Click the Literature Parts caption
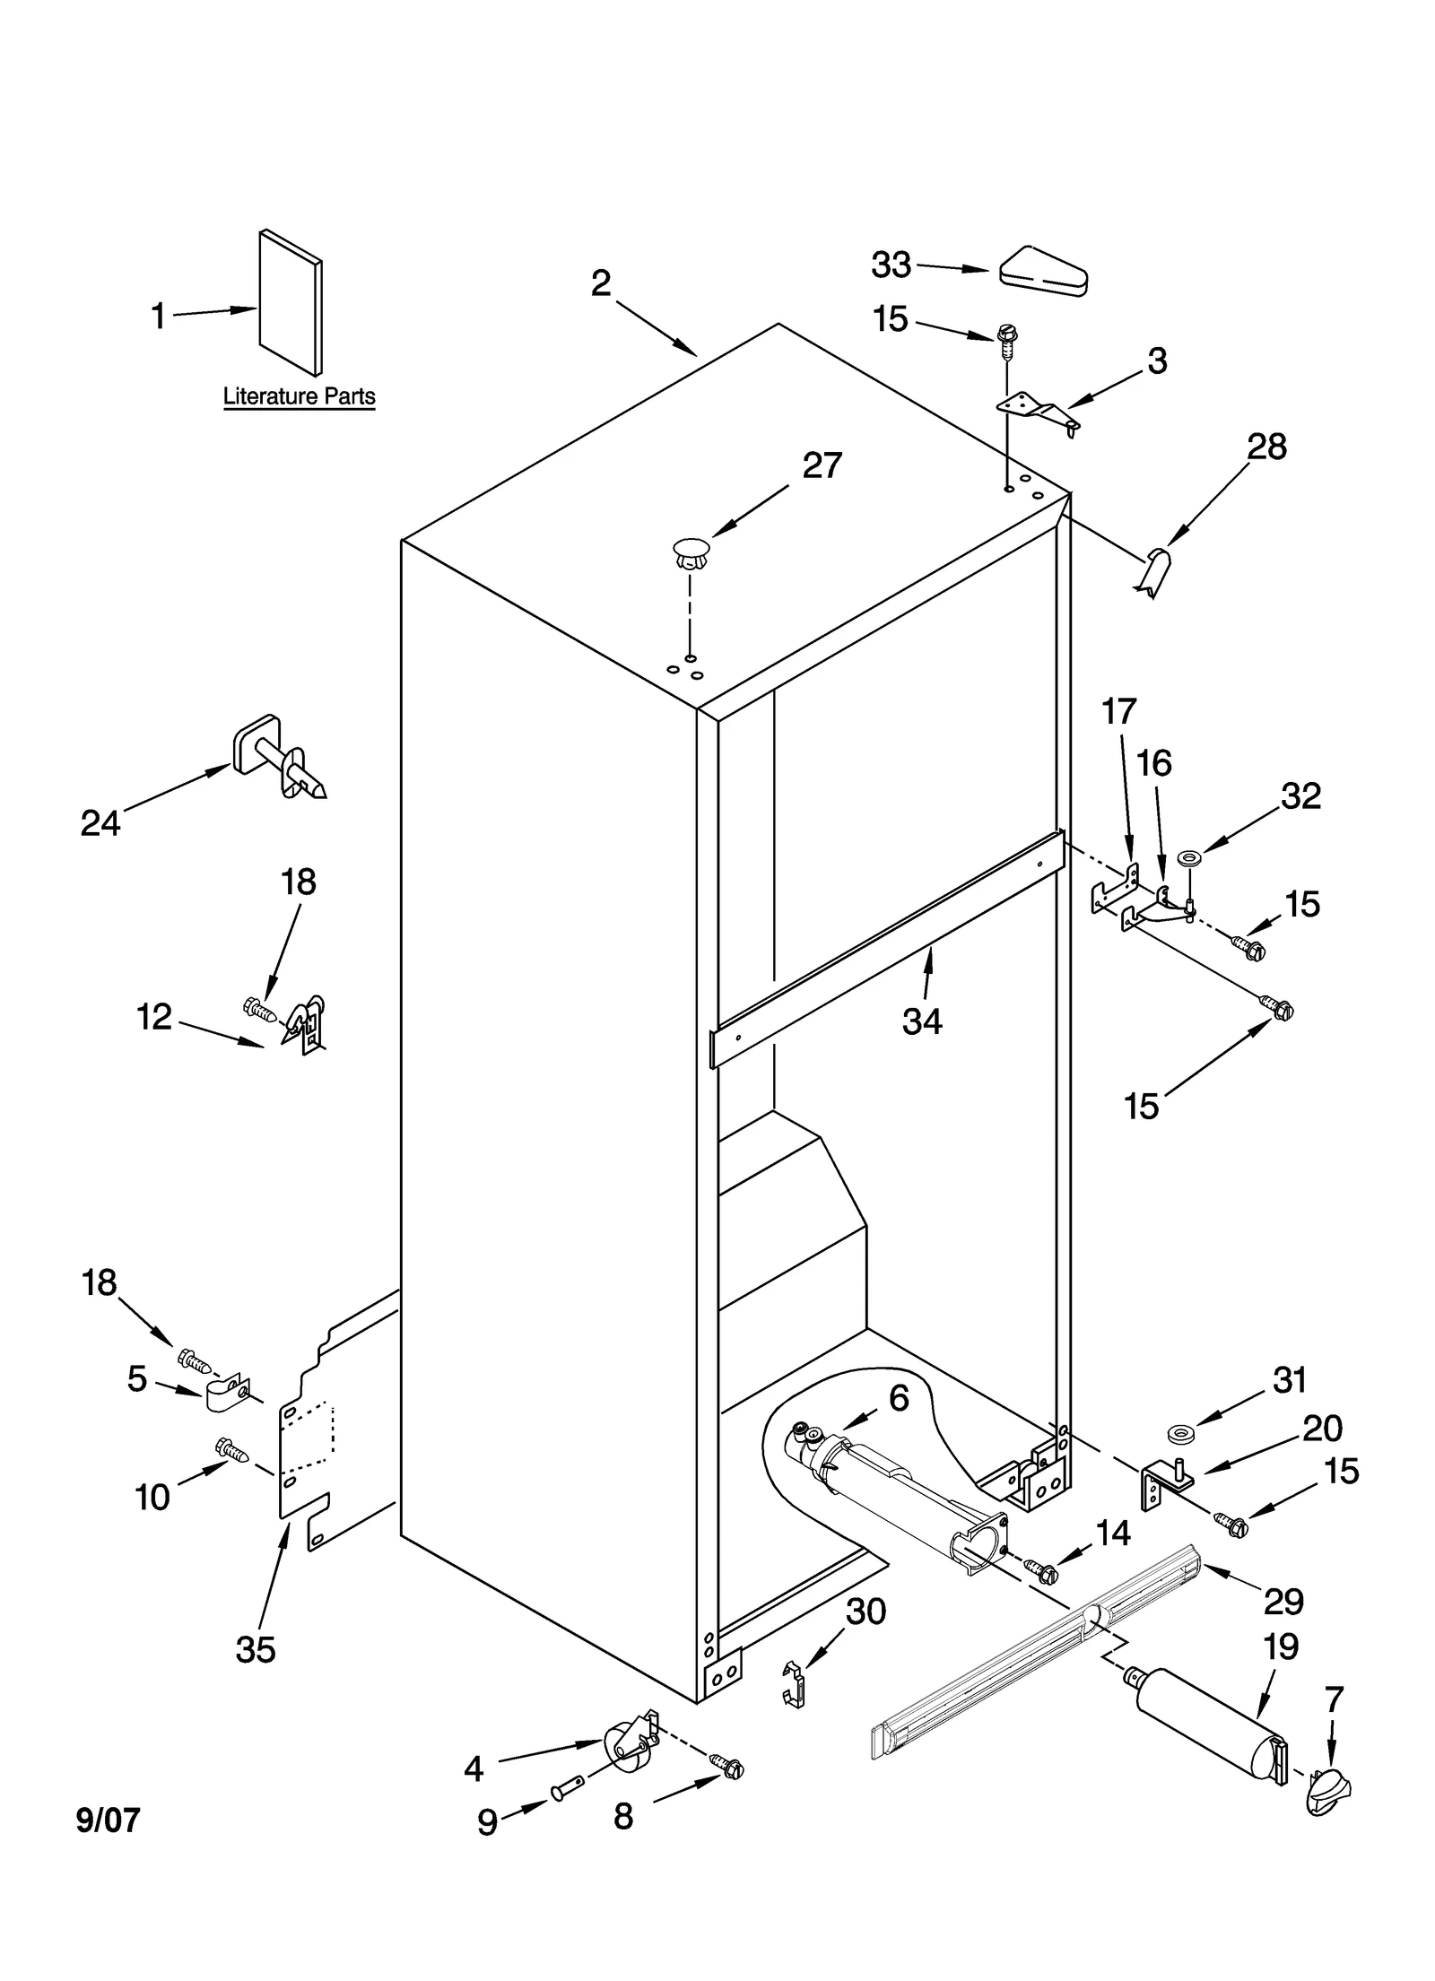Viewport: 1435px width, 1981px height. (299, 396)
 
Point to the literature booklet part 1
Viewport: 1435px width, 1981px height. (291, 304)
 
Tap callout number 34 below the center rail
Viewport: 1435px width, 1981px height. (922, 1021)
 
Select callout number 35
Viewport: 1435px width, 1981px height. (255, 1648)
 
